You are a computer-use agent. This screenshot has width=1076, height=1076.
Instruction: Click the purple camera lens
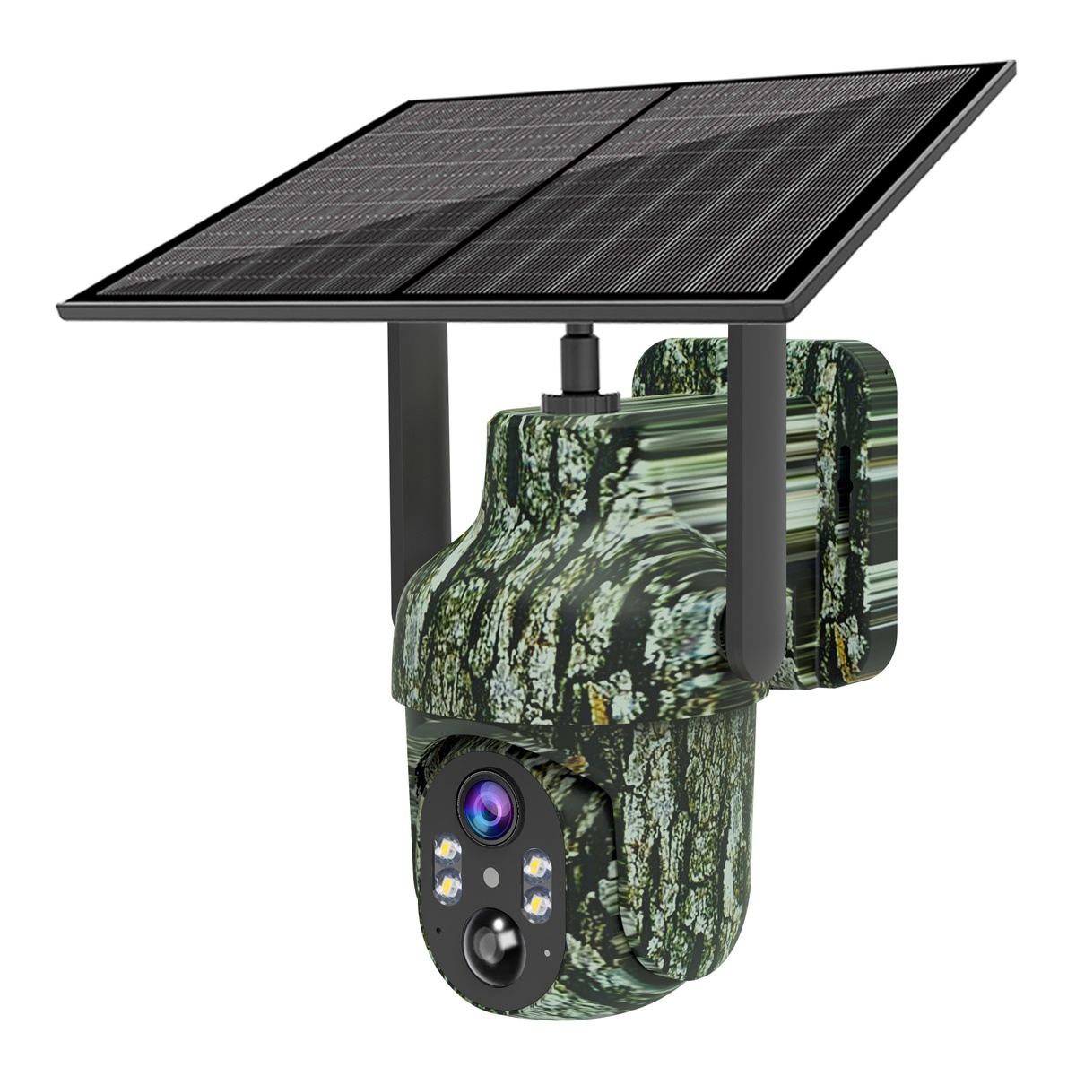point(488,805)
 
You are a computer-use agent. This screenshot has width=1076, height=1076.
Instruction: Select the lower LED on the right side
point(538,901)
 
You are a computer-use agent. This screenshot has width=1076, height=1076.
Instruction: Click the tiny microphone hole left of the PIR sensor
point(437,930)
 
